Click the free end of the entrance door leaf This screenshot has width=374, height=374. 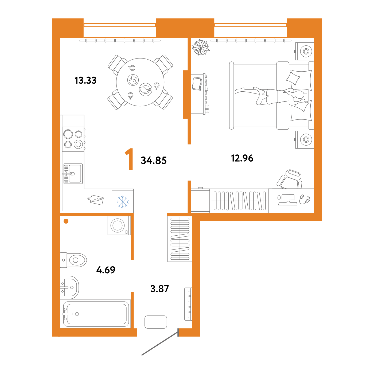click(x=142, y=355)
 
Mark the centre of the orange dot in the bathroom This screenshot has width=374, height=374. click(x=66, y=221)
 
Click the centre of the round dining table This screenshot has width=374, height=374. click(x=140, y=82)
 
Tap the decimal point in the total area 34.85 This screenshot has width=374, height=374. click(x=153, y=163)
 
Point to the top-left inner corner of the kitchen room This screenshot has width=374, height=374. click(x=60, y=38)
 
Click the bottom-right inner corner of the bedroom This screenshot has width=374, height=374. click(x=314, y=213)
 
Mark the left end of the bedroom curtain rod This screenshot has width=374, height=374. click(x=211, y=41)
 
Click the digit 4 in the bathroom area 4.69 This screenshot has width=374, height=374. click(x=99, y=270)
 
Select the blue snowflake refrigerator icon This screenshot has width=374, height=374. click(x=123, y=202)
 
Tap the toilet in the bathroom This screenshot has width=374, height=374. click(x=73, y=260)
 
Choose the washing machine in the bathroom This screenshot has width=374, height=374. click(x=119, y=225)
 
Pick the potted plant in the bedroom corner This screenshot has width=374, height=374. click(x=200, y=47)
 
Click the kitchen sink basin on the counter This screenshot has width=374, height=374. click(x=73, y=174)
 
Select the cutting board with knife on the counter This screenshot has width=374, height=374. click(x=96, y=200)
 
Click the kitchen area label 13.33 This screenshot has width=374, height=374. click(x=85, y=80)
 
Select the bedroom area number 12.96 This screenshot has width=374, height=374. click(x=242, y=158)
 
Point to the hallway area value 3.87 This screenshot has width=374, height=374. click(x=159, y=289)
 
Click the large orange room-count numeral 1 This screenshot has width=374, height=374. click(x=129, y=159)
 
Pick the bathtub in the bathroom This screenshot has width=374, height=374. click(x=95, y=314)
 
